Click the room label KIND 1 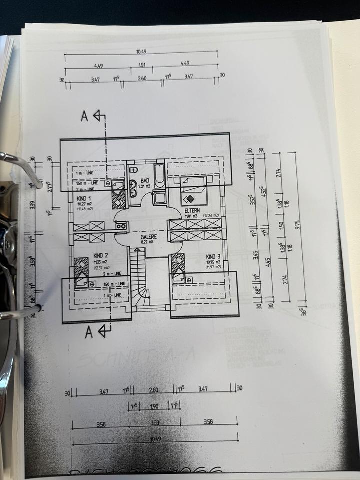pyautogui.click(x=81, y=198)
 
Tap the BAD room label pyautogui.click(x=145, y=180)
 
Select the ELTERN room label pyautogui.click(x=192, y=211)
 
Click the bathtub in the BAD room pyautogui.click(x=159, y=175)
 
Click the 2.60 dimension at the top pyautogui.click(x=142, y=78)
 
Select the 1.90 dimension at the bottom pyautogui.click(x=154, y=407)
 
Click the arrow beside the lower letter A pyautogui.click(x=104, y=330)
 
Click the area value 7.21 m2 pyautogui.click(x=145, y=186)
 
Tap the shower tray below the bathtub pyautogui.click(x=160, y=197)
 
